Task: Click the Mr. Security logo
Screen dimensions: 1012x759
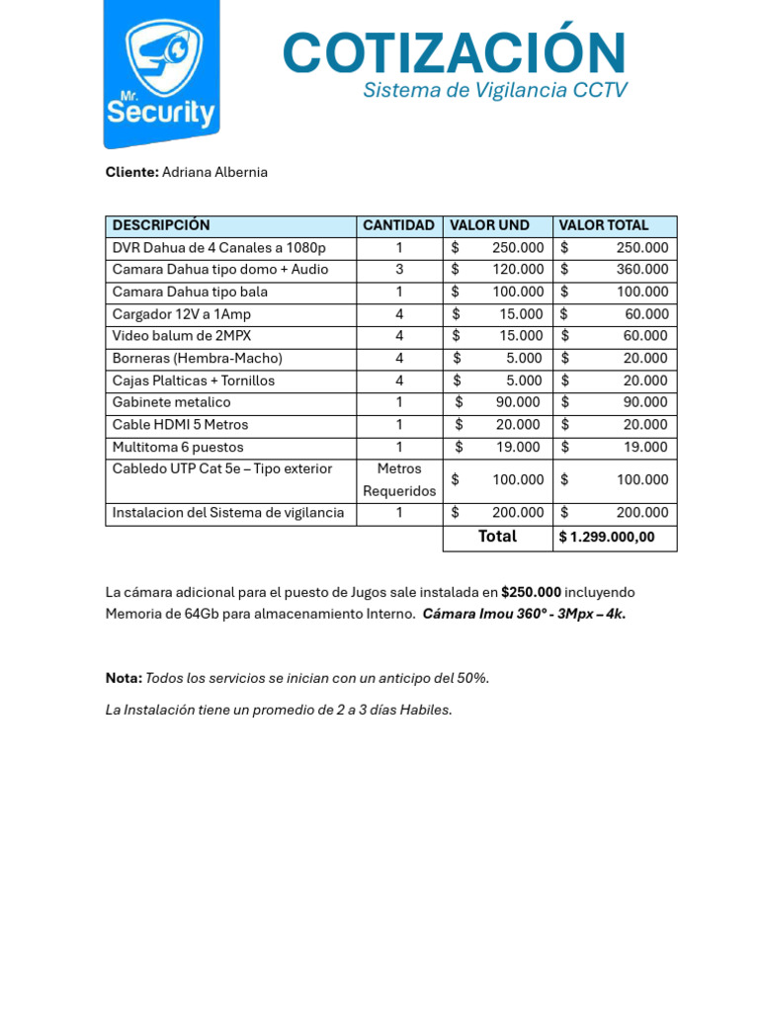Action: click(x=161, y=74)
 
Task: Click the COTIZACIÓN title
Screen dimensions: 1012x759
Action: click(x=455, y=52)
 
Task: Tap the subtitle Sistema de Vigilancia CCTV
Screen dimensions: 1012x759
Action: click(x=494, y=91)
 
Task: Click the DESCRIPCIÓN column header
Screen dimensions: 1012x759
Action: click(x=161, y=226)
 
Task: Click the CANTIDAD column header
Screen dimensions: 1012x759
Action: click(x=398, y=226)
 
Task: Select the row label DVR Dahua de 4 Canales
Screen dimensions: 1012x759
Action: click(x=218, y=248)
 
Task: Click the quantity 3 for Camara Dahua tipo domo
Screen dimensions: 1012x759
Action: click(x=398, y=270)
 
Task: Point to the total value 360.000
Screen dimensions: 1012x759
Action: click(x=641, y=270)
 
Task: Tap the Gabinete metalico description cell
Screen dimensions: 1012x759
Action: click(x=172, y=403)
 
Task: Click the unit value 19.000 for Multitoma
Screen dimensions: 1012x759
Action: click(x=518, y=448)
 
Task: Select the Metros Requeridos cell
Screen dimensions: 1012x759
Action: click(x=398, y=480)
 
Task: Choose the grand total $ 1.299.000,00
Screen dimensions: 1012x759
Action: click(x=606, y=538)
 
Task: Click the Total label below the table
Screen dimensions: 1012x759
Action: click(x=497, y=537)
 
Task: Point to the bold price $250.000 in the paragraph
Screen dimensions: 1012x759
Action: click(x=531, y=593)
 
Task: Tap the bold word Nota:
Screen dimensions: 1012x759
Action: click(x=124, y=679)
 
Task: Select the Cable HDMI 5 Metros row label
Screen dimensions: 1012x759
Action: click(x=180, y=425)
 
